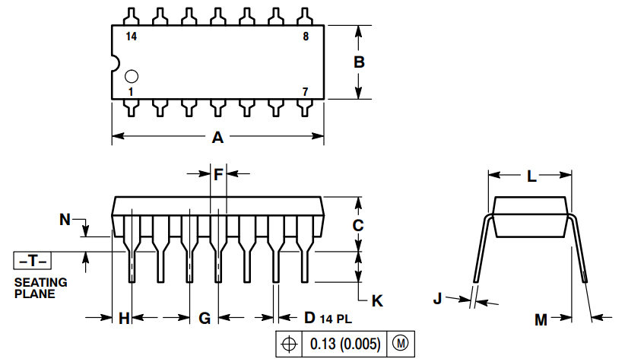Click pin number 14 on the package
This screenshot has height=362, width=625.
(x=132, y=36)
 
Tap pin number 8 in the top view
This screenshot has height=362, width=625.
(x=305, y=36)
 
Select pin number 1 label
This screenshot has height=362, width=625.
(x=132, y=91)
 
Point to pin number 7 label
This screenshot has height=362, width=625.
(x=305, y=91)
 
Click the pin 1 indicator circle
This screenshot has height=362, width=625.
(x=132, y=76)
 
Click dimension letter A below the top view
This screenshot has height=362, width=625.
(x=217, y=138)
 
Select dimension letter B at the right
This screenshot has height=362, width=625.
(x=360, y=62)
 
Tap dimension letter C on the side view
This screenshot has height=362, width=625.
(x=358, y=225)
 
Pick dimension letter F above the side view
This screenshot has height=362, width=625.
(x=218, y=175)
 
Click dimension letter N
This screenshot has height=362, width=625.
(x=66, y=221)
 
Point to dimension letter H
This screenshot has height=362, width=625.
(x=125, y=319)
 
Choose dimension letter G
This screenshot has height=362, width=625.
(x=205, y=319)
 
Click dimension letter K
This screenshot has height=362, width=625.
(x=377, y=300)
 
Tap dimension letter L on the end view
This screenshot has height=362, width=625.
(x=531, y=176)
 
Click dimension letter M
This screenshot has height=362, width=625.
(x=541, y=320)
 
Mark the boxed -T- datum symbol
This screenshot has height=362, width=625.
(x=32, y=261)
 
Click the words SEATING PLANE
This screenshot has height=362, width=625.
(x=40, y=287)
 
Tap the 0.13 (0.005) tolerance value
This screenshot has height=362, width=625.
(x=344, y=344)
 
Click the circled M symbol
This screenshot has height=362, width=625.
(x=400, y=344)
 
